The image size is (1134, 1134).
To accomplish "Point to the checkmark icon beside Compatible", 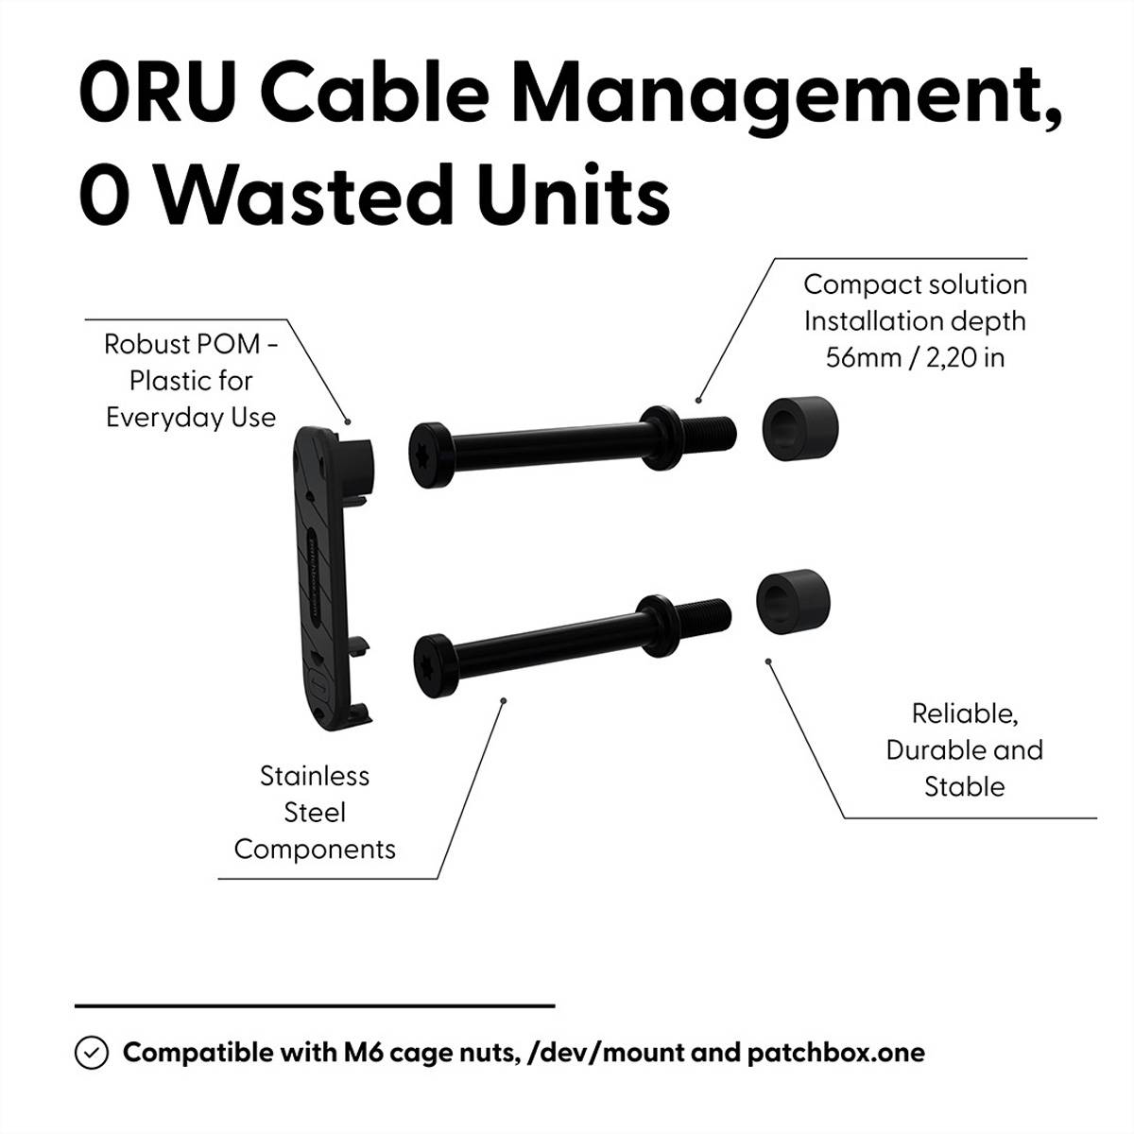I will [x=91, y=1053].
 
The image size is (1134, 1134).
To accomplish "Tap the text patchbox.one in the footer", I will [x=836, y=1053].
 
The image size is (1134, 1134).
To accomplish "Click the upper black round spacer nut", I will [x=799, y=426].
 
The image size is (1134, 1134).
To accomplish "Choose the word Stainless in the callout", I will [x=315, y=776].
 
